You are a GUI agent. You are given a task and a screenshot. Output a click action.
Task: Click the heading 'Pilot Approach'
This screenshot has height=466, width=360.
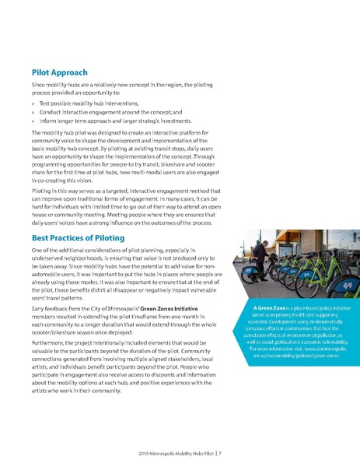[x=59, y=72]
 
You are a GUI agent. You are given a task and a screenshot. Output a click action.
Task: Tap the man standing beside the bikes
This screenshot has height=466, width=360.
[x=277, y=238]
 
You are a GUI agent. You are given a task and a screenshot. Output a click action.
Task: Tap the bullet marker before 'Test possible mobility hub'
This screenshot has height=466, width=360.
[x=33, y=103]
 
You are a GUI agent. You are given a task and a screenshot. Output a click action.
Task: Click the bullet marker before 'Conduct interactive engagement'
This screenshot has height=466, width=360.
[x=33, y=112]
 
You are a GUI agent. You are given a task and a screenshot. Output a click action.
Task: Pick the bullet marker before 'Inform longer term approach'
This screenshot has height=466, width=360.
[x=33, y=121]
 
